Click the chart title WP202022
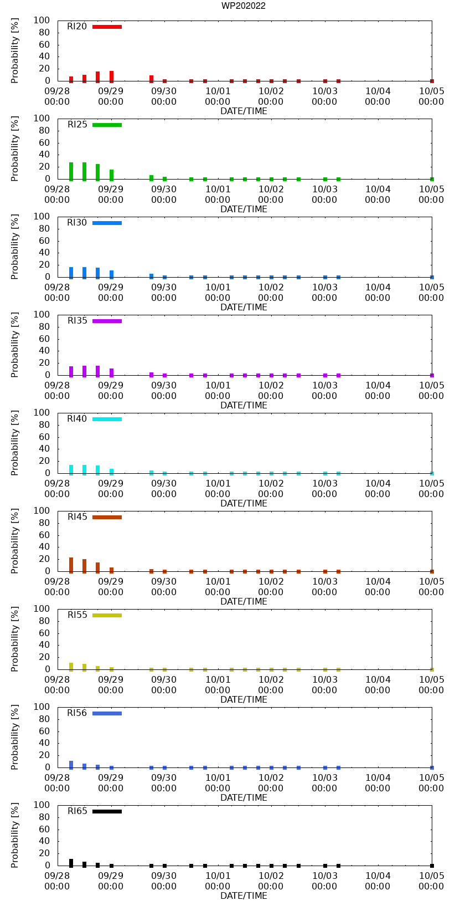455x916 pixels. tap(244, 6)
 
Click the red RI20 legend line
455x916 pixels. tap(107, 27)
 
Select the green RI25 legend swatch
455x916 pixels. tap(107, 125)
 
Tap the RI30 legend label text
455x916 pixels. tap(77, 223)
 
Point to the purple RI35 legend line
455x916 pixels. tap(107, 321)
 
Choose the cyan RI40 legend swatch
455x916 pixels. tap(107, 419)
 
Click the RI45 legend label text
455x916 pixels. tap(77, 517)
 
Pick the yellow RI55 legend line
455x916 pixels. tap(107, 615)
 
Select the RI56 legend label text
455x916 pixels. tap(77, 713)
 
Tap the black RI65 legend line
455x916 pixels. tap(107, 811)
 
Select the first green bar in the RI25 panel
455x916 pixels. tap(71, 171)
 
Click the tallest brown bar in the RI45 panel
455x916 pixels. tap(71, 565)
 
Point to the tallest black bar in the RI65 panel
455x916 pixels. tap(71, 863)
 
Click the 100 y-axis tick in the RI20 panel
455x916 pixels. tap(43, 21)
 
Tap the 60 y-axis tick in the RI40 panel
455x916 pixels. tap(45, 437)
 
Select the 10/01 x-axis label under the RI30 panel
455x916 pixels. tap(218, 287)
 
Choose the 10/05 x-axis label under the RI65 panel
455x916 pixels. tap(431, 876)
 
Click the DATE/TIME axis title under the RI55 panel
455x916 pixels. tap(244, 700)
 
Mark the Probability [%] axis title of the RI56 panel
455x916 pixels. tap(15, 737)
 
